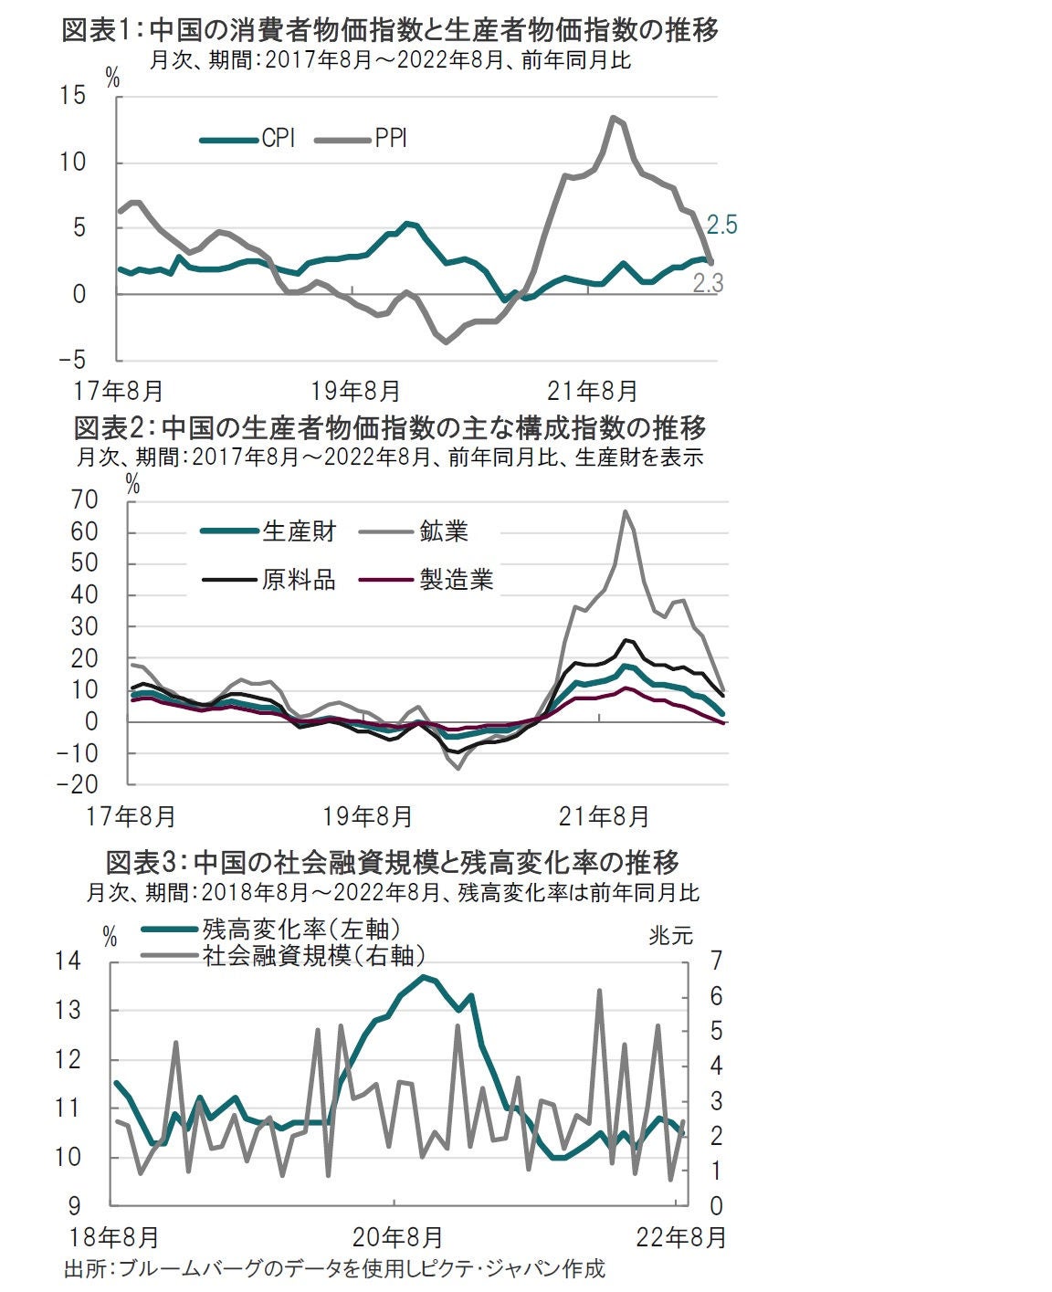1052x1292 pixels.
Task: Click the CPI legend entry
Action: point(278,139)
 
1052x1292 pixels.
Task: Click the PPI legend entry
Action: point(390,139)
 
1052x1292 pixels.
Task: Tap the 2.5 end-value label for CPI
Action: point(721,226)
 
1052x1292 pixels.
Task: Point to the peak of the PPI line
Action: point(613,117)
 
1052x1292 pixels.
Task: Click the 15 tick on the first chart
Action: point(75,96)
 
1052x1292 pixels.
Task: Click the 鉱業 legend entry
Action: point(444,530)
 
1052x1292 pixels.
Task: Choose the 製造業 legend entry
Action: point(456,579)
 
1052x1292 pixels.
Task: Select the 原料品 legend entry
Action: point(299,579)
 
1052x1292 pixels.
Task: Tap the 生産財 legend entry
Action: point(299,530)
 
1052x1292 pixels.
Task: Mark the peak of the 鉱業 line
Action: point(626,511)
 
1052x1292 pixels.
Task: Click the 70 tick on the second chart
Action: point(84,500)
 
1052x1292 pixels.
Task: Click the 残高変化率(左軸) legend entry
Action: point(301,930)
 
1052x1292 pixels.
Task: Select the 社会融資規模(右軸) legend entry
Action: point(313,955)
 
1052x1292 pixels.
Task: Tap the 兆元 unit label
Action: point(671,935)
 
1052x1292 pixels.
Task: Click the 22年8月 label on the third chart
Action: point(682,1237)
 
